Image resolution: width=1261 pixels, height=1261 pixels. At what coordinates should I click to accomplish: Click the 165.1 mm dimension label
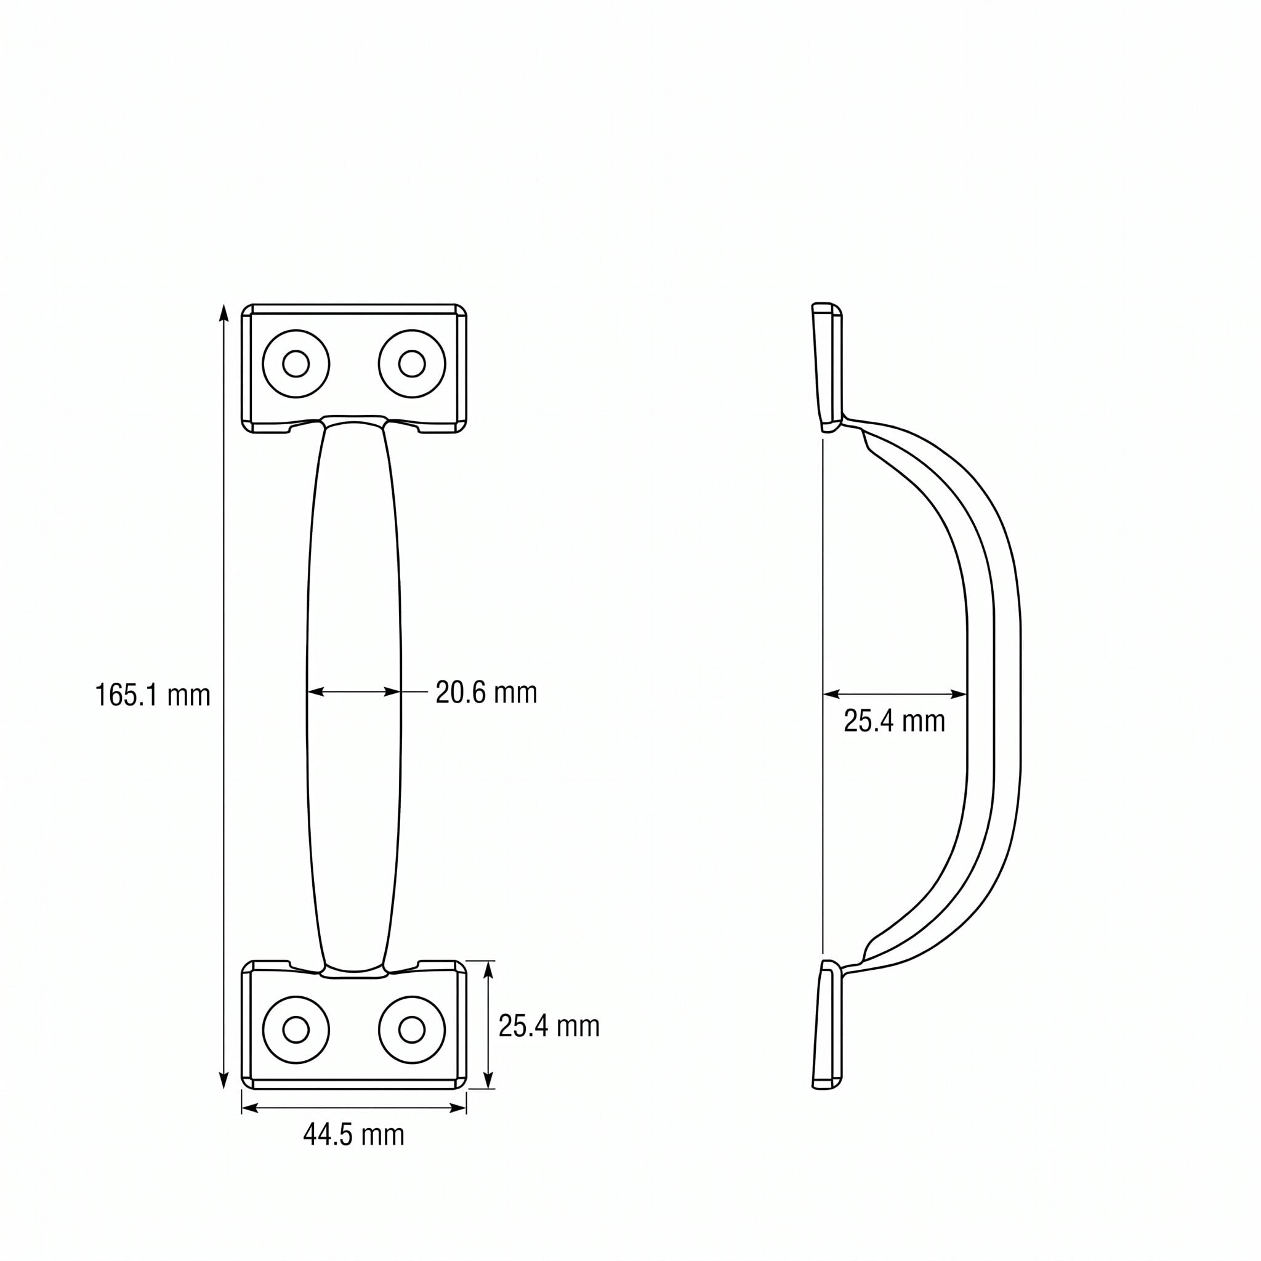[153, 695]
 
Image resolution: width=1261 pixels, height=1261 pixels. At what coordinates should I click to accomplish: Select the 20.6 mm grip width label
[486, 692]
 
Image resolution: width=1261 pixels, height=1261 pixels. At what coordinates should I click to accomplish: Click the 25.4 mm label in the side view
[894, 721]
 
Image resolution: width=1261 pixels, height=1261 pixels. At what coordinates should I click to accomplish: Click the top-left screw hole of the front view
[296, 363]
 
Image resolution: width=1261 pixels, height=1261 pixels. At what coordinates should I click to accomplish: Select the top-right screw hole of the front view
[412, 363]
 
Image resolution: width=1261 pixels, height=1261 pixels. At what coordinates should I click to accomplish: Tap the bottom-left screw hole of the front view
[296, 1030]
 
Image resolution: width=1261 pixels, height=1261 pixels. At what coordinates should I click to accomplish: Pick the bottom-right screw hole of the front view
[412, 1030]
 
